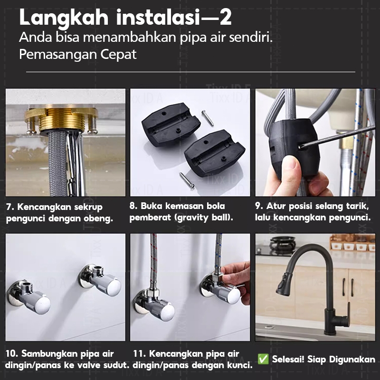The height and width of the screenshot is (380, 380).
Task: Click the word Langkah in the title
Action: (64, 18)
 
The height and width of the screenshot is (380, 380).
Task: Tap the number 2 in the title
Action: (225, 17)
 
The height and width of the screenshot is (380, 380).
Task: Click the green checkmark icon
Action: (263, 359)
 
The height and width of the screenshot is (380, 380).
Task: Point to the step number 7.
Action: (9, 207)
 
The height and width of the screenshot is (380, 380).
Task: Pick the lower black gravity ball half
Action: (214, 152)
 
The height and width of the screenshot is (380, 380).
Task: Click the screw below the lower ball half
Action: (187, 180)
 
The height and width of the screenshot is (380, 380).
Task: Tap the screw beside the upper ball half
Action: (208, 118)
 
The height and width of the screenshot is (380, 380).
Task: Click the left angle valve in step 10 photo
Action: (29, 296)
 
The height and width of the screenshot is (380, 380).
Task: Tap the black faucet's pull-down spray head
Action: (284, 284)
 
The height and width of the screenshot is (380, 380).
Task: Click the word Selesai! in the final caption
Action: (288, 359)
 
